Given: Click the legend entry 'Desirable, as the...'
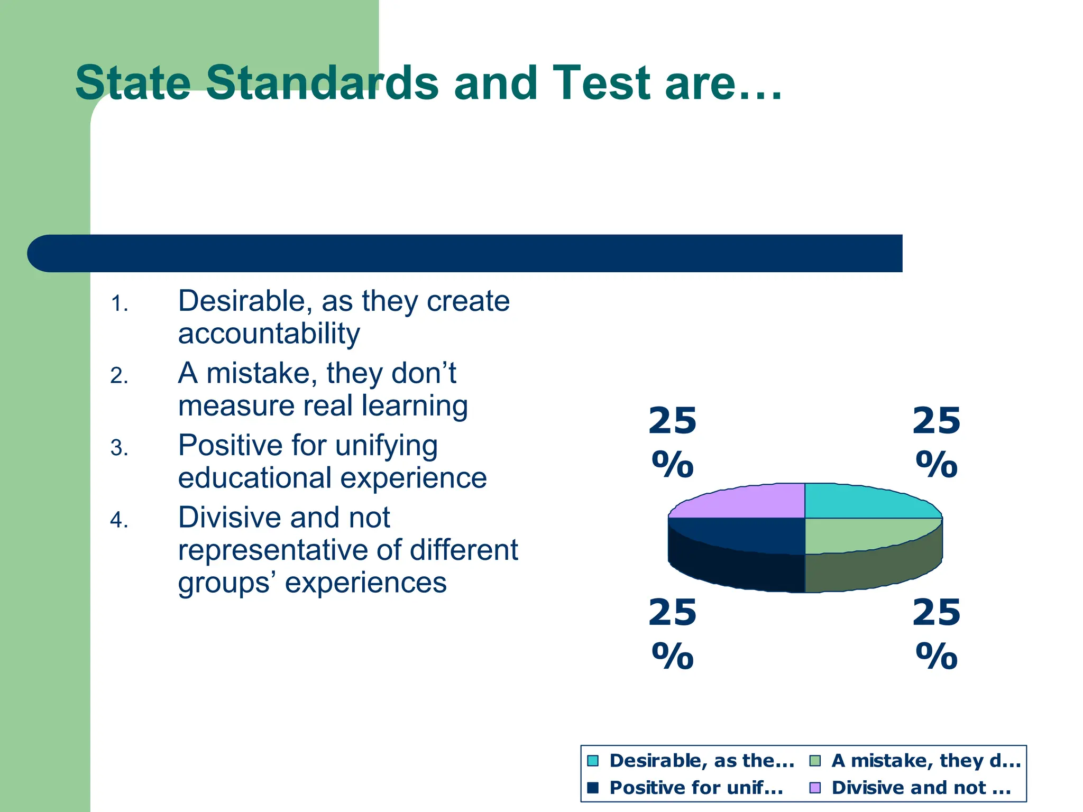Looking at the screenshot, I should [701, 761].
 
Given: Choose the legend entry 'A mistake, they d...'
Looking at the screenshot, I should [925, 761].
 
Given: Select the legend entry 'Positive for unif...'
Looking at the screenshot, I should [696, 788].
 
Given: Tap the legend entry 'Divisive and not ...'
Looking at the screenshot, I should [921, 788].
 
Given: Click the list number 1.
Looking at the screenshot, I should [119, 304].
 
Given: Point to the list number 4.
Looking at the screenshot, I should [119, 520].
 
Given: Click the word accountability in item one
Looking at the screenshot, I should [269, 334].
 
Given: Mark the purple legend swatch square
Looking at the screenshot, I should [815, 788].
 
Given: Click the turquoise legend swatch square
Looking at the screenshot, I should [593, 761].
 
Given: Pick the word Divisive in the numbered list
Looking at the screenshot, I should [231, 517].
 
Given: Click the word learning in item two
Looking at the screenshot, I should [415, 406].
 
